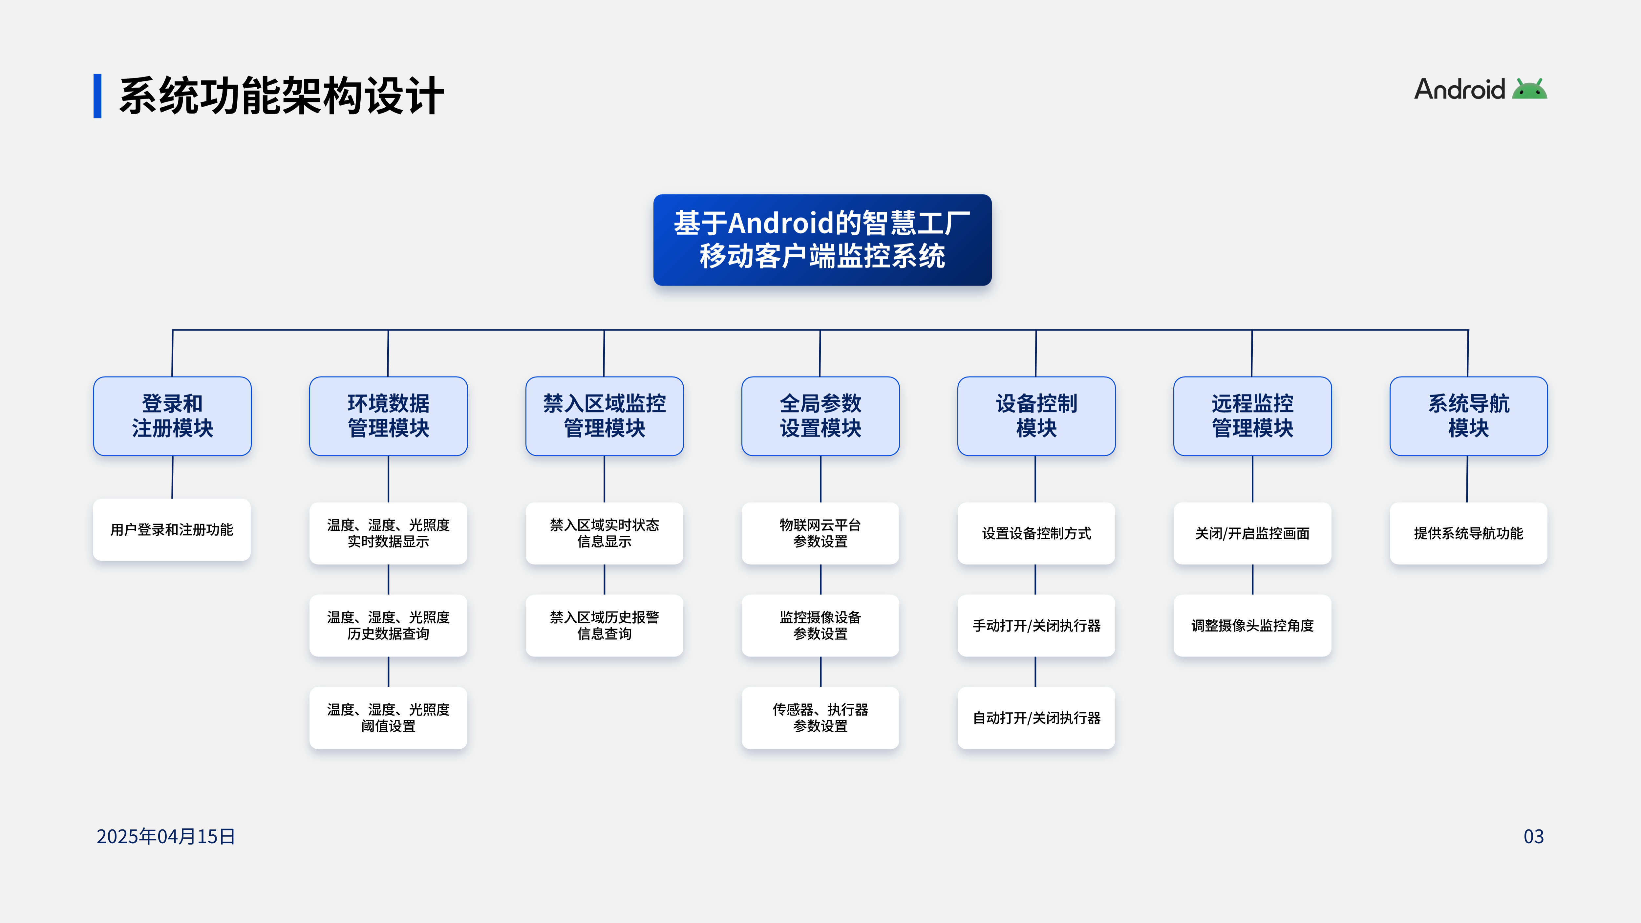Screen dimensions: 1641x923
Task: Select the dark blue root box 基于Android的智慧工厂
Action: (822, 240)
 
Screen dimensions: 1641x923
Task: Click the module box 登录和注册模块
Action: (172, 416)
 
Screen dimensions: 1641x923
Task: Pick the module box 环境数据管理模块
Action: (388, 416)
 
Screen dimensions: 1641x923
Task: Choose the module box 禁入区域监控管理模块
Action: (604, 416)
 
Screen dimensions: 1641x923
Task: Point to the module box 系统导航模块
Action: (1468, 416)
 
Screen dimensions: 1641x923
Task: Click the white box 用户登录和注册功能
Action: (172, 529)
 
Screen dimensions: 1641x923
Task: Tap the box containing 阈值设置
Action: (388, 718)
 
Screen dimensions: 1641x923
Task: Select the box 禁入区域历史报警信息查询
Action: (604, 626)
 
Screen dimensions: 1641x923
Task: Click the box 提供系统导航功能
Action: (1468, 533)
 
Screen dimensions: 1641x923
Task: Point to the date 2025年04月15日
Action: (166, 836)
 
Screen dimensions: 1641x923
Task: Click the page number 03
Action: (1533, 836)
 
